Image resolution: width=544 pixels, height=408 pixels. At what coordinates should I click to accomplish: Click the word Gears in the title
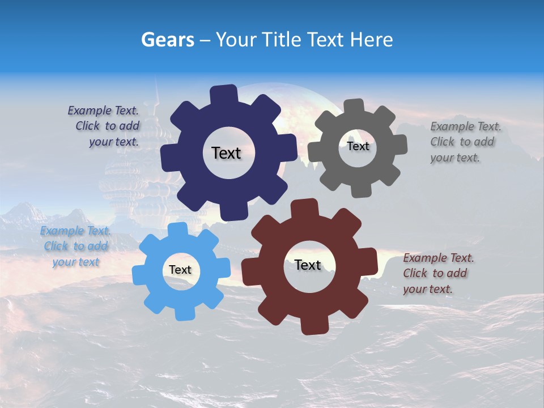point(167,40)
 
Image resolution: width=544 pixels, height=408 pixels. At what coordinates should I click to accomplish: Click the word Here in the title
point(371,40)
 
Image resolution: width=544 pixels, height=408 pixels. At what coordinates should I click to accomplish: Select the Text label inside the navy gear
point(226,153)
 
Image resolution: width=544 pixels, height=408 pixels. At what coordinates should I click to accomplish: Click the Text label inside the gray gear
point(358,146)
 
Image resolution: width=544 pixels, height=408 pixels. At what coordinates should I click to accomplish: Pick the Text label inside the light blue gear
point(180,270)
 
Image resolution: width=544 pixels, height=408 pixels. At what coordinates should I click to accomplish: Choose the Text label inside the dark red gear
point(308,265)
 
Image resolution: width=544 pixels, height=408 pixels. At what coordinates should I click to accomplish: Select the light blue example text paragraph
point(76,246)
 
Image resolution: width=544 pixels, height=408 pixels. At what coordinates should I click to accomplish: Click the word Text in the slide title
point(326,40)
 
